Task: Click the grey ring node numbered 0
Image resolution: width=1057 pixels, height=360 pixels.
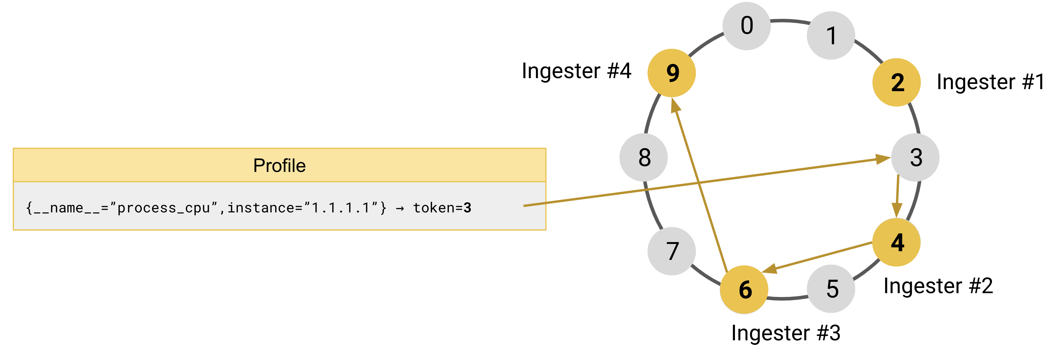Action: click(x=746, y=26)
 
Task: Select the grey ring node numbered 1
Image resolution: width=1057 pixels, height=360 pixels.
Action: click(x=831, y=36)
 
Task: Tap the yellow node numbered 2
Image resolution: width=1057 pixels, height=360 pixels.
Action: click(x=897, y=82)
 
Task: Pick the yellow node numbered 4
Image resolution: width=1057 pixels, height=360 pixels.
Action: click(x=897, y=242)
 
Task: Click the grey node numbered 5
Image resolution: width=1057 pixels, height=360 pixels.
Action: click(x=831, y=289)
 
